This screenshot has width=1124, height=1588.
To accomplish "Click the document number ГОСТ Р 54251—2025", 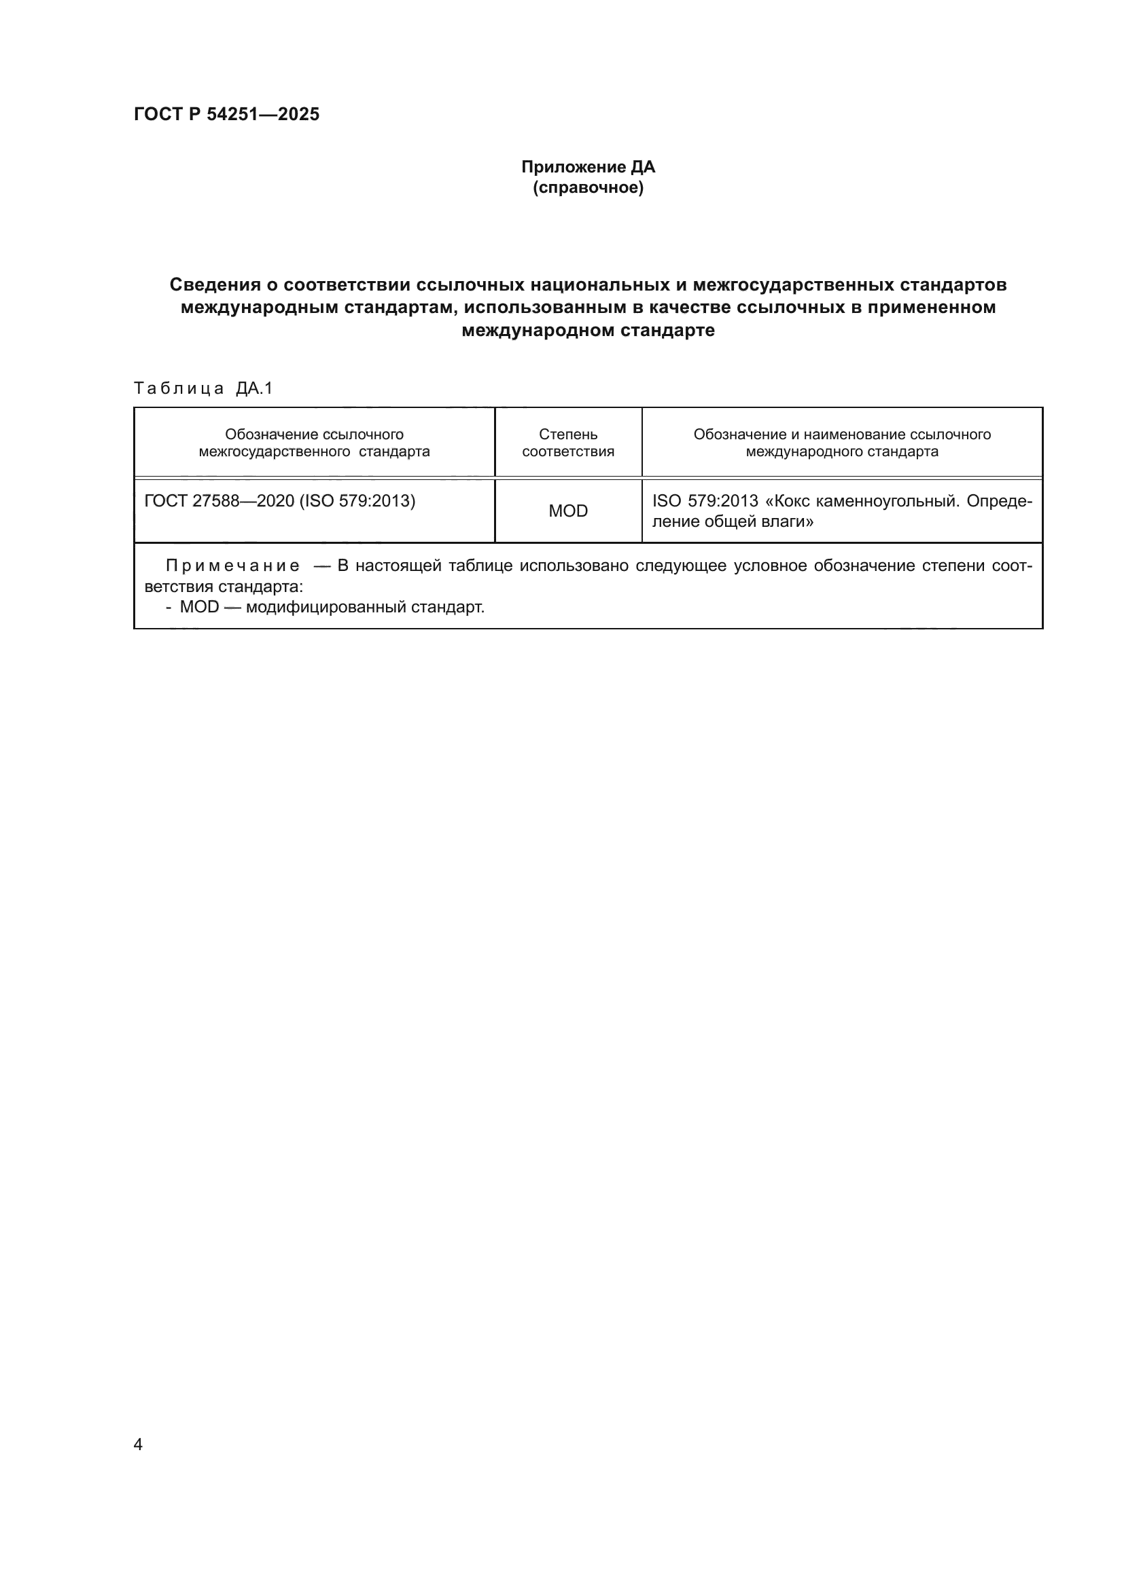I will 226,114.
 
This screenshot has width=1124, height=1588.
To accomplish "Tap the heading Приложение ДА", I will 588,167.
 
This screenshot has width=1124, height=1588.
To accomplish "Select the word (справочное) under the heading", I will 588,187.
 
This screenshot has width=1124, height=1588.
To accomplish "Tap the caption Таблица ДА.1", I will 203,388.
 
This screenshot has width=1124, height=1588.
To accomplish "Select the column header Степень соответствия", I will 567,443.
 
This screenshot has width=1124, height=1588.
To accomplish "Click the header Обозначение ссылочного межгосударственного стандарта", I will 314,443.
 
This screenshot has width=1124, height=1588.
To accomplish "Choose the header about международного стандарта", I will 841,443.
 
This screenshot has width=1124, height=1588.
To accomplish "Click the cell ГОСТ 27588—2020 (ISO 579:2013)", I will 279,501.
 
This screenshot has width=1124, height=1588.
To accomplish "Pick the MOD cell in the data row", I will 567,511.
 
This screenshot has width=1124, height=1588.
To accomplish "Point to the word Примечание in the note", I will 232,566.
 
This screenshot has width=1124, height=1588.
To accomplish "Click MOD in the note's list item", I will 198,607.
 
